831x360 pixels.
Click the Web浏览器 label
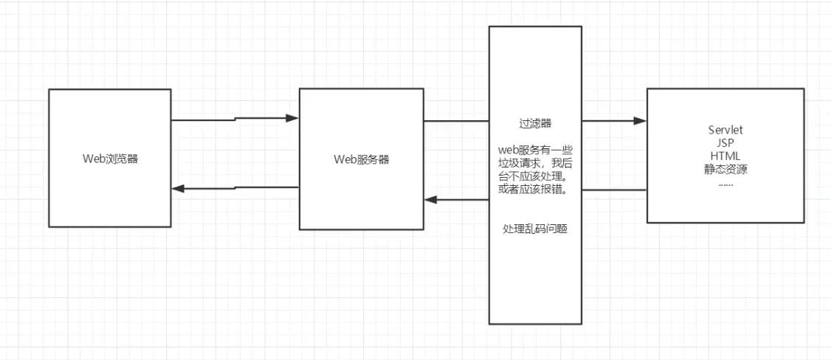(110, 159)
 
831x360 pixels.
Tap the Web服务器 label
(361, 159)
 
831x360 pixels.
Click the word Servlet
(725, 131)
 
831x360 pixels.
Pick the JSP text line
(725, 143)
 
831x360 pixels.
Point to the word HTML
(725, 156)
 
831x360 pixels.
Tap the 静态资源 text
(725, 169)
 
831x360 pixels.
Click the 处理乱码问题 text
(534, 229)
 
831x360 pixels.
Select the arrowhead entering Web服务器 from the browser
(292, 117)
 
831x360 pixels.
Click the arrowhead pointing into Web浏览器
(177, 188)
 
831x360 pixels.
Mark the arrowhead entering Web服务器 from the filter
(430, 199)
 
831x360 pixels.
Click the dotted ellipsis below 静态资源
(725, 183)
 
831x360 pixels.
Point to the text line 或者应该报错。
(534, 190)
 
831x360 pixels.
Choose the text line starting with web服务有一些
(534, 150)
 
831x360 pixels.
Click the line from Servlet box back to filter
(614, 190)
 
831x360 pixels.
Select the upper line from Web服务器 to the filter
(456, 121)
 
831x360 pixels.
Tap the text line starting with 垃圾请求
(534, 163)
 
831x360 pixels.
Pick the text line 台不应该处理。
(534, 176)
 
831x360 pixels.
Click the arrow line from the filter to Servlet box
(609, 121)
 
